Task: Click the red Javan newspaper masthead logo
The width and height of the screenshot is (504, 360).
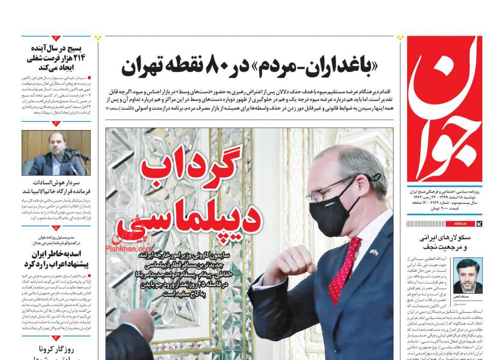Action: point(444,109)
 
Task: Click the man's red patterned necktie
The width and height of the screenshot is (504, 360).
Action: point(344,266)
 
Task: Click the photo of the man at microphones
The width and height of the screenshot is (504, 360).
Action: point(56,153)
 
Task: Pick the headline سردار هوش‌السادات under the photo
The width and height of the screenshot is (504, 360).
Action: point(56,187)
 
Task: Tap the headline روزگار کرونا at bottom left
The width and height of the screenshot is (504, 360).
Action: point(56,350)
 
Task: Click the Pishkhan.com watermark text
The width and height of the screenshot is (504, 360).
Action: point(129,249)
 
